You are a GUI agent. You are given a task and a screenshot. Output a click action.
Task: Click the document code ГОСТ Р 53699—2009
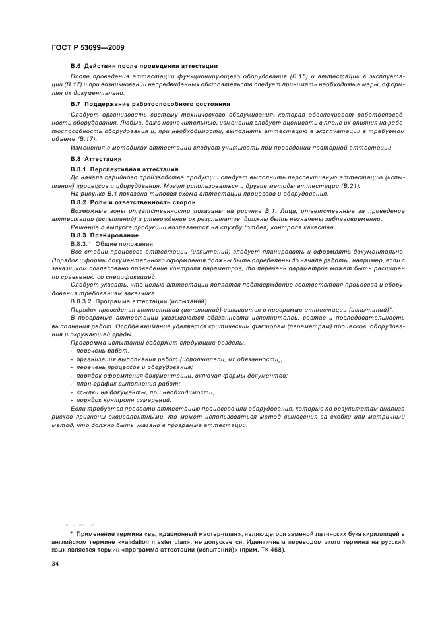87,48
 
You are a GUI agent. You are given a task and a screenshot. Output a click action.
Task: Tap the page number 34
55,564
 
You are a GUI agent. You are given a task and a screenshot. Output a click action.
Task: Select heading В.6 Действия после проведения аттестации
144,66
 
